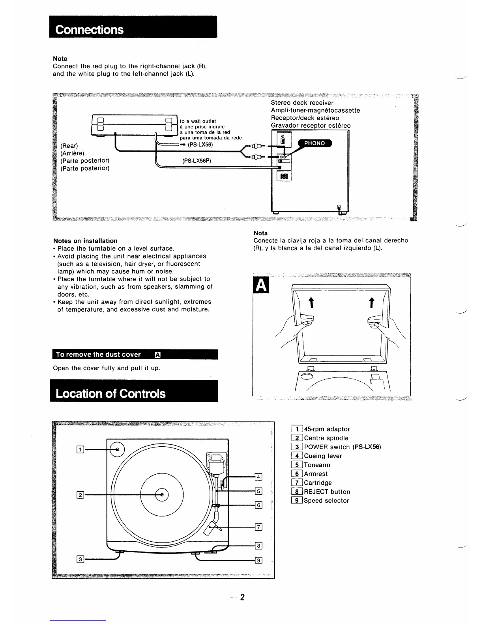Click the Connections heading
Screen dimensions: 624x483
pos(90,30)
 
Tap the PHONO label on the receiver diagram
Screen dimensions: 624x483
pos(315,143)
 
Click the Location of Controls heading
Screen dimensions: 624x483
pos(110,394)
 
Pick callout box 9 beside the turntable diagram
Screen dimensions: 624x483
pos(259,561)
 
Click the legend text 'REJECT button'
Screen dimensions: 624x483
pos(327,492)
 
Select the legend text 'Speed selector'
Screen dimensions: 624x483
pos(326,501)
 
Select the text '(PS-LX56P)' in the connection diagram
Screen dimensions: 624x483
pos(197,161)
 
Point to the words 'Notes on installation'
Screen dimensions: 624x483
pos(85,241)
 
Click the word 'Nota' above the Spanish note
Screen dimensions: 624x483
pos(260,233)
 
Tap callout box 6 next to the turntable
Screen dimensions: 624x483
pos(259,505)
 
